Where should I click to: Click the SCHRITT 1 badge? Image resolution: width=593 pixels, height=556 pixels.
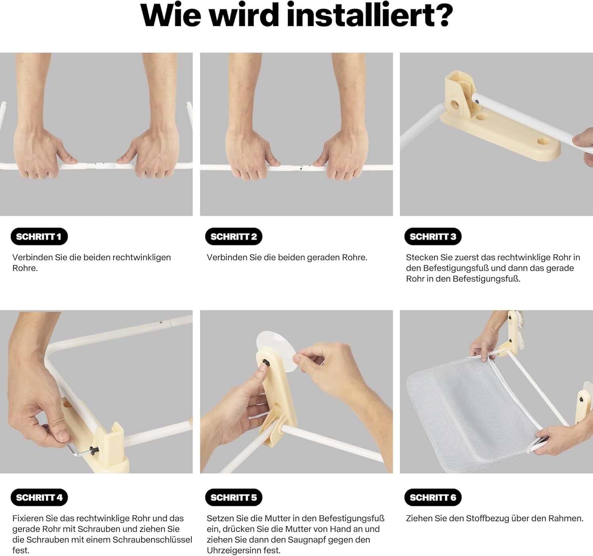click(x=39, y=237)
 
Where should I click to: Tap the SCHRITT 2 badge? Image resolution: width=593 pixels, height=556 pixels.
click(x=234, y=237)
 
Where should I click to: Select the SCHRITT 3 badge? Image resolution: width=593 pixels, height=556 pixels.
click(x=432, y=237)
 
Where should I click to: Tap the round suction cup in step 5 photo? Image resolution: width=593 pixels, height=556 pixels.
click(x=276, y=351)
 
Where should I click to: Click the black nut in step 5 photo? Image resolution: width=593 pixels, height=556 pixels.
click(x=265, y=363)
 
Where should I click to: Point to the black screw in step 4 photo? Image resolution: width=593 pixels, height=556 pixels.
click(x=94, y=450)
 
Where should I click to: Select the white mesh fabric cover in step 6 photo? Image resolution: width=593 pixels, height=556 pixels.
click(x=475, y=412)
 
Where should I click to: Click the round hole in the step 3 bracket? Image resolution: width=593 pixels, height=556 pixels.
click(x=455, y=104)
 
